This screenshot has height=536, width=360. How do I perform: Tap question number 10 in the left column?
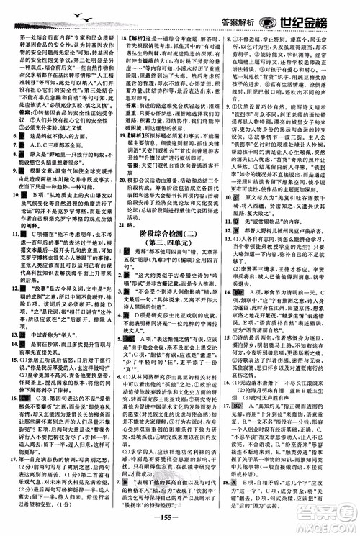tap(9, 173)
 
